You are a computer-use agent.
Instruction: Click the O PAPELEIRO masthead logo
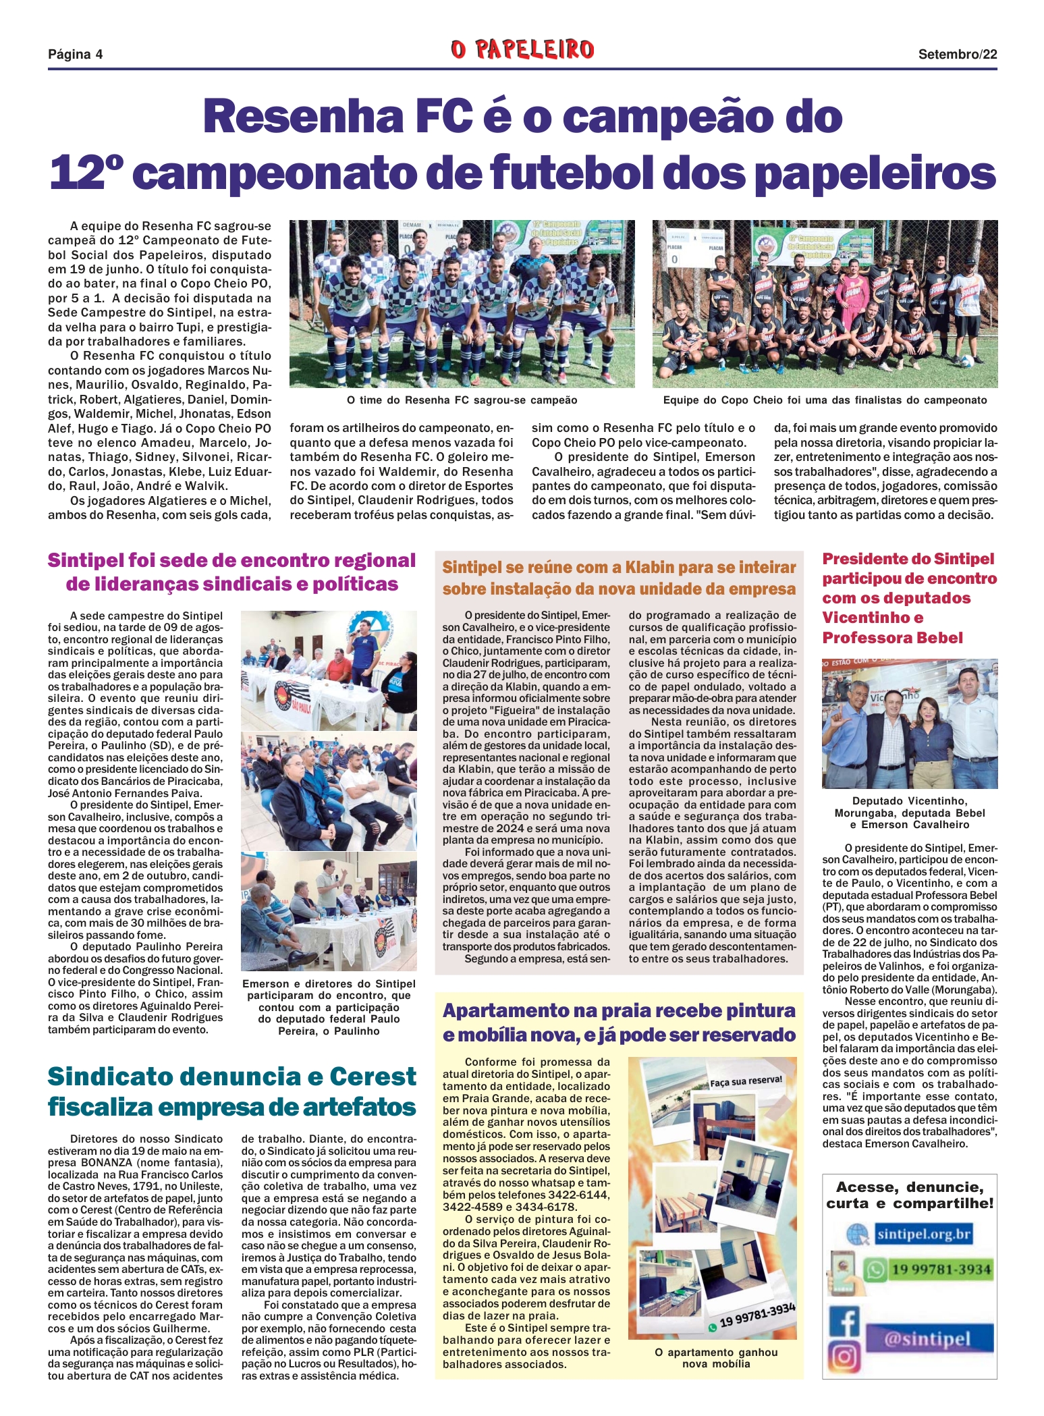click(522, 49)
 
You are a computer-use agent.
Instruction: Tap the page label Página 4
click(75, 54)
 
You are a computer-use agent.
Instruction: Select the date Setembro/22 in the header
click(957, 55)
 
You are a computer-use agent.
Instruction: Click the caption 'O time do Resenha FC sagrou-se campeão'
click(462, 400)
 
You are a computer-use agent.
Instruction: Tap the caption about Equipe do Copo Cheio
click(825, 400)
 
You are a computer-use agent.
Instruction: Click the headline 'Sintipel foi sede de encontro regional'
click(231, 561)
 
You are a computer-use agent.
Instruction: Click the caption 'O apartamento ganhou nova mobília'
click(715, 1358)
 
